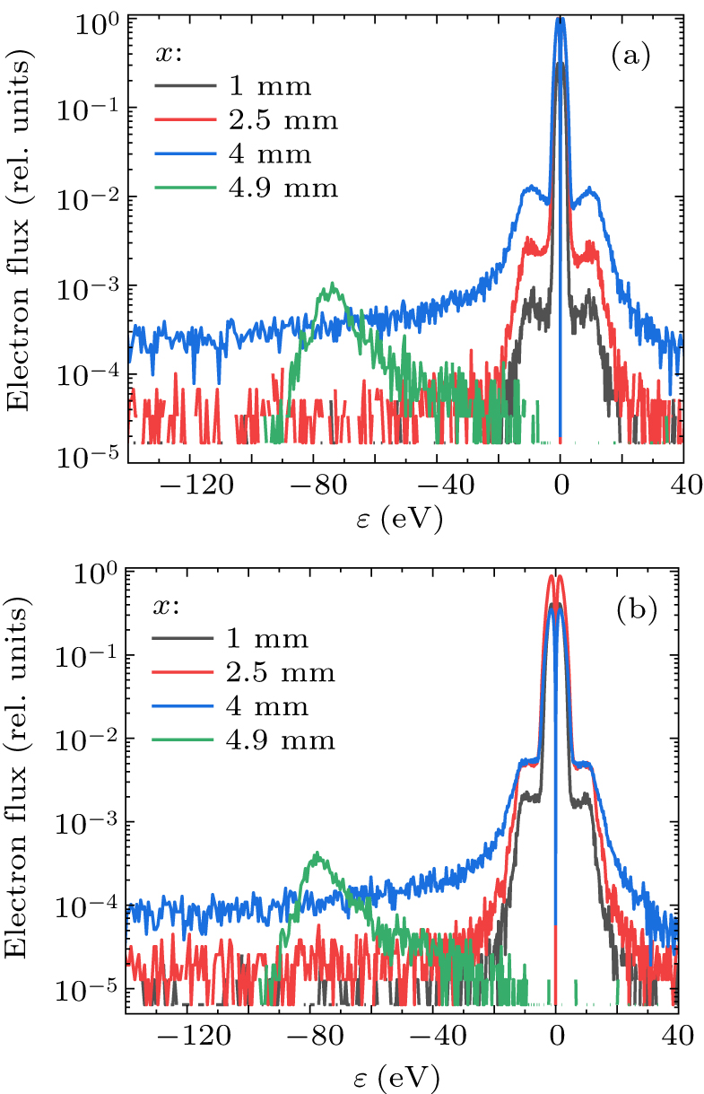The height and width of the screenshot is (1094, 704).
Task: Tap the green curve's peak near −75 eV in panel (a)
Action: coord(333,285)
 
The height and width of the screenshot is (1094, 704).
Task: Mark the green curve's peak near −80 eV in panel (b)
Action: coord(317,854)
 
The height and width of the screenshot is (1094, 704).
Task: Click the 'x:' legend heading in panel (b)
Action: coord(167,606)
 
